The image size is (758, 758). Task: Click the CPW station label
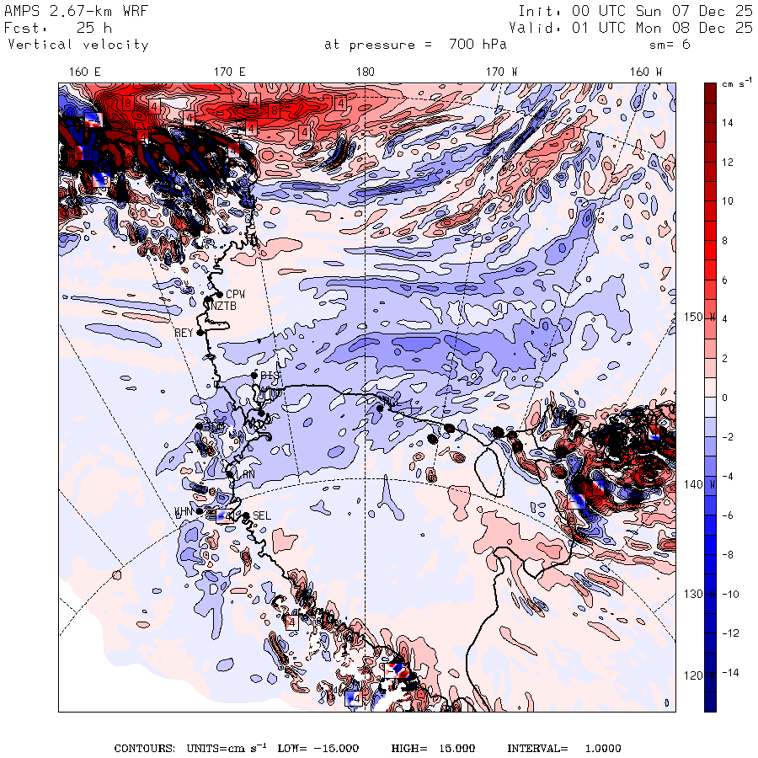235,294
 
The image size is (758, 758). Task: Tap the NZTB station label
225,306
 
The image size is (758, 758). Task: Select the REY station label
184,333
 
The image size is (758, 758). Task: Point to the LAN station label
245,475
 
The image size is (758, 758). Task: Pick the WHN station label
184,511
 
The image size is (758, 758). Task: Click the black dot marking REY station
200,333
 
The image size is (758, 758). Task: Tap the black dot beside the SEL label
246,515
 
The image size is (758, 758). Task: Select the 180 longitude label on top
365,72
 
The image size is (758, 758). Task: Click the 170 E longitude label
230,72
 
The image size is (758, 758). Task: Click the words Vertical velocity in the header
78,45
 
